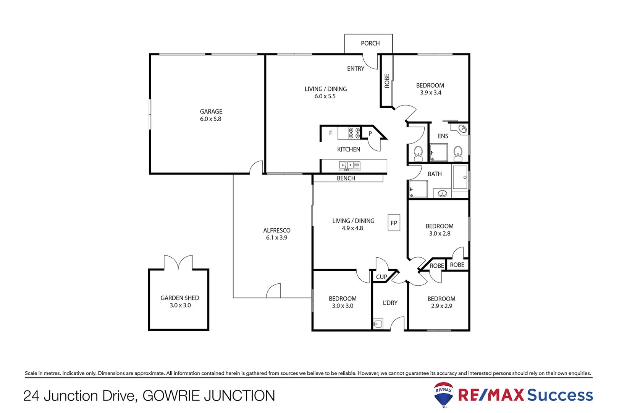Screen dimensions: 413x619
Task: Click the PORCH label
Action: [370, 43]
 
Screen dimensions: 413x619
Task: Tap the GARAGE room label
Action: [211, 111]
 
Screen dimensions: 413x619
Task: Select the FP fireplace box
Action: [394, 223]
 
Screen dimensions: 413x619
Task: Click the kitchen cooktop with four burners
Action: [354, 133]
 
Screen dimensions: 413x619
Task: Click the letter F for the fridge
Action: [330, 133]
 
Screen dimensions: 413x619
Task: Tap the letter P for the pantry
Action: [370, 134]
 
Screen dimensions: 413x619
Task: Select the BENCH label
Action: [346, 178]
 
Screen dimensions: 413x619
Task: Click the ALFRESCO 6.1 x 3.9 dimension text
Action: [276, 237]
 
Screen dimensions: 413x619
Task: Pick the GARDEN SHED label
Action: [179, 298]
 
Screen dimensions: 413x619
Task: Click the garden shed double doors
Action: [178, 263]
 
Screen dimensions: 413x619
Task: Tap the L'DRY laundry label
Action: [390, 302]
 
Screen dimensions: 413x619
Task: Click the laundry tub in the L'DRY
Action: [378, 324]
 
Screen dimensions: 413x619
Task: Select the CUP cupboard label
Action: [381, 277]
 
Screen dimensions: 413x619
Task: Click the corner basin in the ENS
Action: [462, 129]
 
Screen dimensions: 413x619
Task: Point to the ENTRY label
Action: [356, 68]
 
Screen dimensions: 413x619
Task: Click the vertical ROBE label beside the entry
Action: [387, 81]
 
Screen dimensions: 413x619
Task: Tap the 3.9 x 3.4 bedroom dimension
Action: [430, 93]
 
